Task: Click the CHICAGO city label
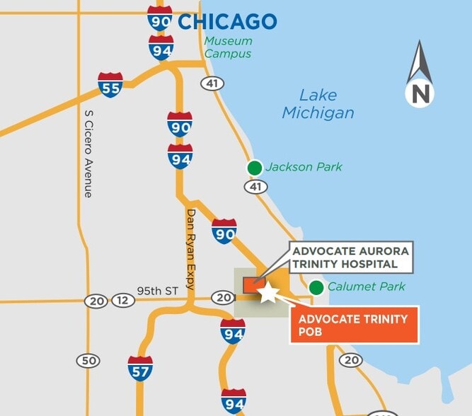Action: point(226,21)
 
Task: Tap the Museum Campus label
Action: point(228,47)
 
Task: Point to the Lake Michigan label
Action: point(318,104)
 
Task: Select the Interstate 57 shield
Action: point(140,369)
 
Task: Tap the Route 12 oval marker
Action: point(122,301)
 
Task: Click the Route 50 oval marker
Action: point(88,361)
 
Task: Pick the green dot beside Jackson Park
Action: point(254,168)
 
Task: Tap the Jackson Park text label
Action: point(304,168)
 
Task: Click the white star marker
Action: point(267,292)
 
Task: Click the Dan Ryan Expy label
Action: point(190,249)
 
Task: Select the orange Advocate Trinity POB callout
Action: point(354,325)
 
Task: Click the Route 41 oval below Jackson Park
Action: point(255,187)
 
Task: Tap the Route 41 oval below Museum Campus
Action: point(212,83)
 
